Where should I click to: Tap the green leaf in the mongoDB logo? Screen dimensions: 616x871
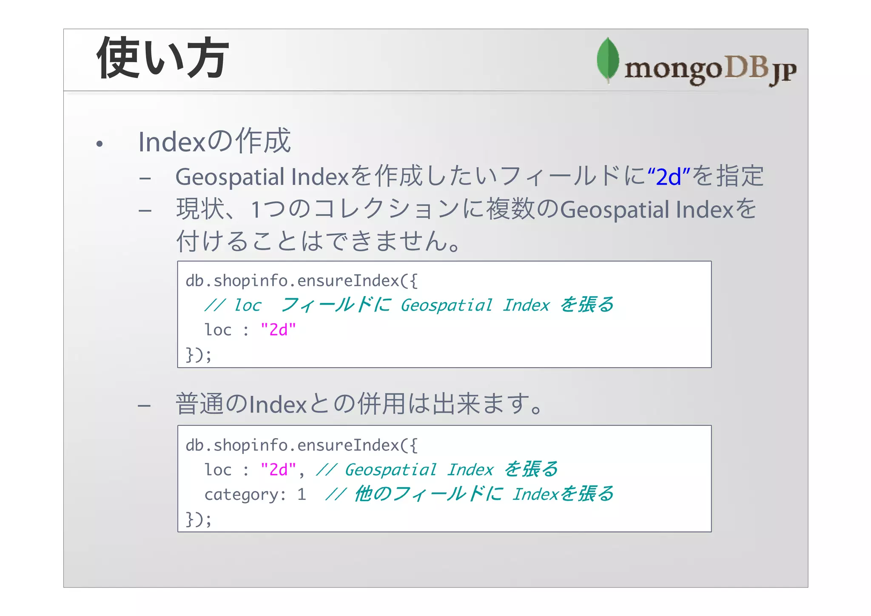pos(608,60)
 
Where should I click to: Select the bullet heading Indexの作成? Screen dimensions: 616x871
pos(214,141)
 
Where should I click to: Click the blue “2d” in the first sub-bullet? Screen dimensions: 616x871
pos(669,177)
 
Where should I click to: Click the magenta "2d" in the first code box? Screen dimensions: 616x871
pos(278,330)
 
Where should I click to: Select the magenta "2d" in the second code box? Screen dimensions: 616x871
pos(278,470)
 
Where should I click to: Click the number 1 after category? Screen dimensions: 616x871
pos(302,494)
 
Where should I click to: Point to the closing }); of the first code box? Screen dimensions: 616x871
pos(198,354)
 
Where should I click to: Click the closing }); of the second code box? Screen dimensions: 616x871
pos(198,519)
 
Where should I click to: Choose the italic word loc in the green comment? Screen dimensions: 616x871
pos(248,305)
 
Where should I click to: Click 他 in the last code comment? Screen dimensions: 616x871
pos(364,494)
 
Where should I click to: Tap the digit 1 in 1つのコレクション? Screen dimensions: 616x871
pos(256,210)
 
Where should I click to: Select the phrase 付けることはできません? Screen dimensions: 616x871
pos(313,241)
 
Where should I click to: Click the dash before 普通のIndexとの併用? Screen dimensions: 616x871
pos(144,405)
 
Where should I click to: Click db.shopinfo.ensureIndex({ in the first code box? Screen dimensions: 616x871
pos(302,281)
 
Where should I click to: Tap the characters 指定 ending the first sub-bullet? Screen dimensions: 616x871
pos(740,176)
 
